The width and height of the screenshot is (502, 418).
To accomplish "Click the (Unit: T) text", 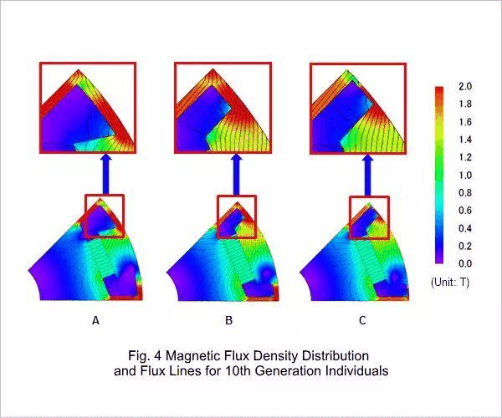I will point(450,283).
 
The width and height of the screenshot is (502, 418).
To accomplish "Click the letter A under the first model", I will point(95,320).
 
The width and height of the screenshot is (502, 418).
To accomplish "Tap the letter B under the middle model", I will point(228,320).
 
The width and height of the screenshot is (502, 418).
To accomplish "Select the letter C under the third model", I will point(361,320).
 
